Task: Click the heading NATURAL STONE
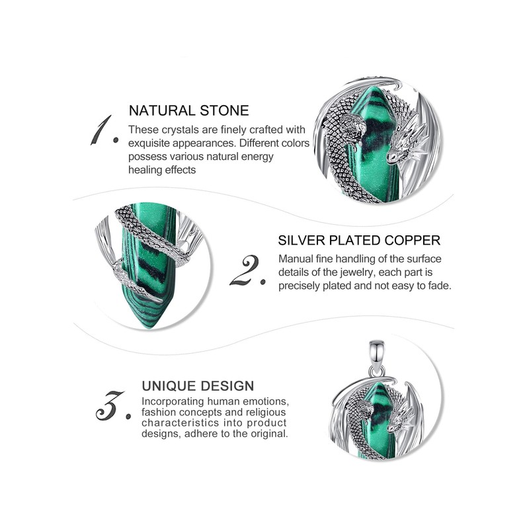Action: click(188, 110)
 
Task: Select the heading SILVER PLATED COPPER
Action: click(359, 240)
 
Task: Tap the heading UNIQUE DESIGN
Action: click(198, 386)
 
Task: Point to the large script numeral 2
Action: click(248, 271)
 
